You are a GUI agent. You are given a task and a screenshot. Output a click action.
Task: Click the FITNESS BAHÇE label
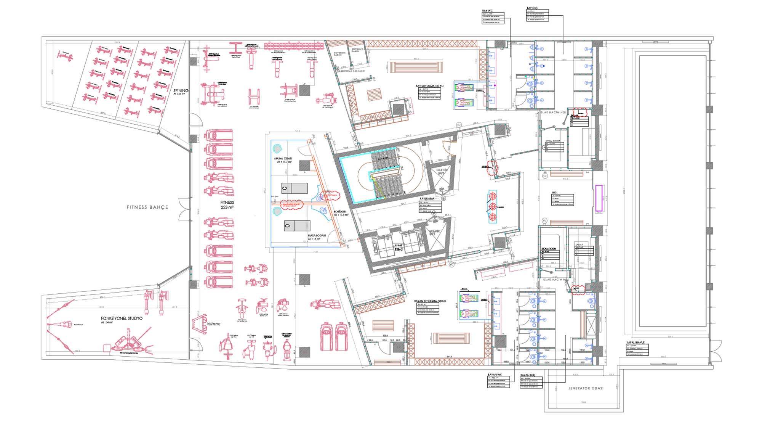click(x=147, y=207)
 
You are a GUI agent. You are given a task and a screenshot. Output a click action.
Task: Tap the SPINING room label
click(x=181, y=91)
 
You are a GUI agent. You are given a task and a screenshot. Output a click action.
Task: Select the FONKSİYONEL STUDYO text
click(x=122, y=318)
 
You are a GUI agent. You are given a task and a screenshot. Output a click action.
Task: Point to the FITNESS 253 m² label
click(x=227, y=205)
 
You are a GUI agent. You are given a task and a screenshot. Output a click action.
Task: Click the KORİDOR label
click(x=340, y=212)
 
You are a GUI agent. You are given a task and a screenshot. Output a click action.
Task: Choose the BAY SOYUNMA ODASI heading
click(x=430, y=86)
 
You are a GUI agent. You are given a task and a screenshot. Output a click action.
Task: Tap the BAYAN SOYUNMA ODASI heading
click(x=430, y=301)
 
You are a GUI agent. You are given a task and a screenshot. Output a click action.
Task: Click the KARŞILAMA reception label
click(x=427, y=199)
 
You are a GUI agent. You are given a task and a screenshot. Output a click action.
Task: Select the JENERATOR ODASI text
click(x=586, y=388)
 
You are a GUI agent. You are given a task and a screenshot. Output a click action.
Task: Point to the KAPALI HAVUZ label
click(x=635, y=343)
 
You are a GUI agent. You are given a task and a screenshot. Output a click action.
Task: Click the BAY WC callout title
click(x=487, y=11)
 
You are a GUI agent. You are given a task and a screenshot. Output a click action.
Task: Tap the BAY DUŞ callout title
click(x=532, y=8)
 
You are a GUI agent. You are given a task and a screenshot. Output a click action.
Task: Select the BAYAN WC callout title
click(x=495, y=375)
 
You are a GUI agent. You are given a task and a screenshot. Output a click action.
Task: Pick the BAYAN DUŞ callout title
click(x=528, y=376)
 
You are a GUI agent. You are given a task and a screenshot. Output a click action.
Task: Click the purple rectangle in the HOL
click(x=599, y=198)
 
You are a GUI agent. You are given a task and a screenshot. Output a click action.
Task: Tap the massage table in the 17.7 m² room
click(x=295, y=188)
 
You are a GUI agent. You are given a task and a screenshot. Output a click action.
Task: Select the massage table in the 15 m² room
click(x=297, y=226)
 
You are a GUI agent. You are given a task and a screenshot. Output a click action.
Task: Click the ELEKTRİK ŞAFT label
click(x=441, y=172)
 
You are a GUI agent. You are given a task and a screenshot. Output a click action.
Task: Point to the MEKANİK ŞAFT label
click(x=434, y=232)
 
